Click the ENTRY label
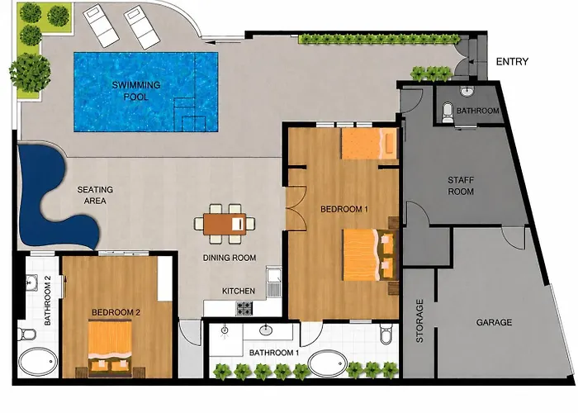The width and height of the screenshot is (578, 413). [512, 62]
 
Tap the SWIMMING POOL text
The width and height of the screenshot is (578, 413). [136, 91]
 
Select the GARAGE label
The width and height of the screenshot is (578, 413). [494, 323]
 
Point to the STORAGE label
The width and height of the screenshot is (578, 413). [419, 320]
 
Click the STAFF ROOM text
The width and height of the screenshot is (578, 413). [461, 186]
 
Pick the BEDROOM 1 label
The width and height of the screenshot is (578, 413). [344, 210]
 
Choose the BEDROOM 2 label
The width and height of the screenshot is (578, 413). [116, 313]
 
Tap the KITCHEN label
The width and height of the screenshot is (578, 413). [238, 291]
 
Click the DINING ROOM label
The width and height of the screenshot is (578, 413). [230, 258]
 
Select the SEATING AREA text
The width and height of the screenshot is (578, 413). [95, 195]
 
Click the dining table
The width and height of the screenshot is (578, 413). [225, 224]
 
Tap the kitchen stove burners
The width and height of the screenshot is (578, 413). [244, 308]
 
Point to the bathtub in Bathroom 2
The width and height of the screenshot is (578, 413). [38, 362]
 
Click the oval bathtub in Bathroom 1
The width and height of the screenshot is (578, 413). [328, 364]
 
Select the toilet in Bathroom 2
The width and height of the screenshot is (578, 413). [27, 334]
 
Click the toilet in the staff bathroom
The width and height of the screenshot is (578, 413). [448, 112]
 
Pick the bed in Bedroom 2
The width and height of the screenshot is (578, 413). [110, 349]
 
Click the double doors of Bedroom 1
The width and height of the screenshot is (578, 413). [296, 209]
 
